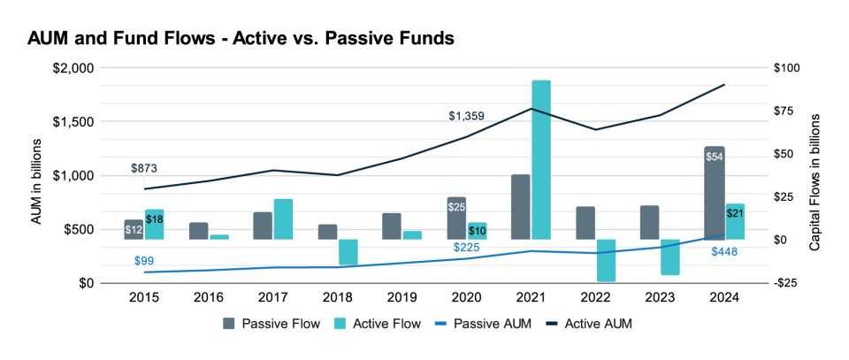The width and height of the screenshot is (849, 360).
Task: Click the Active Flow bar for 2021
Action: [x=541, y=159]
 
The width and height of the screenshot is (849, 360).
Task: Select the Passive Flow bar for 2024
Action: [x=715, y=193]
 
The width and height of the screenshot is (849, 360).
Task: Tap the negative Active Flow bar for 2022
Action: [x=606, y=260]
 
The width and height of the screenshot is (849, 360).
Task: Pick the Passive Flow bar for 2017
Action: [x=263, y=226]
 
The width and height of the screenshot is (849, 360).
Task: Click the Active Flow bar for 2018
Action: [x=348, y=252]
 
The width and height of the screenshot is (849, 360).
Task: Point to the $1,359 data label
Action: [x=466, y=116]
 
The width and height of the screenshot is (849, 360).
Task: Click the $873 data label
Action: [x=144, y=168]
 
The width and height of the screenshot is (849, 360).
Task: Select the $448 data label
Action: [x=723, y=252]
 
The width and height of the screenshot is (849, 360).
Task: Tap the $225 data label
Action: [x=468, y=247]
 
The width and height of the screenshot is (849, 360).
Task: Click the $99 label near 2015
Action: [x=144, y=261]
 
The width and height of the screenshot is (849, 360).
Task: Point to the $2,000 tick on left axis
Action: [x=73, y=68]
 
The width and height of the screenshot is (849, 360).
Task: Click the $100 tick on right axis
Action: [x=785, y=68]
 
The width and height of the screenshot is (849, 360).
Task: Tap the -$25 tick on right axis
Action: [x=785, y=283]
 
